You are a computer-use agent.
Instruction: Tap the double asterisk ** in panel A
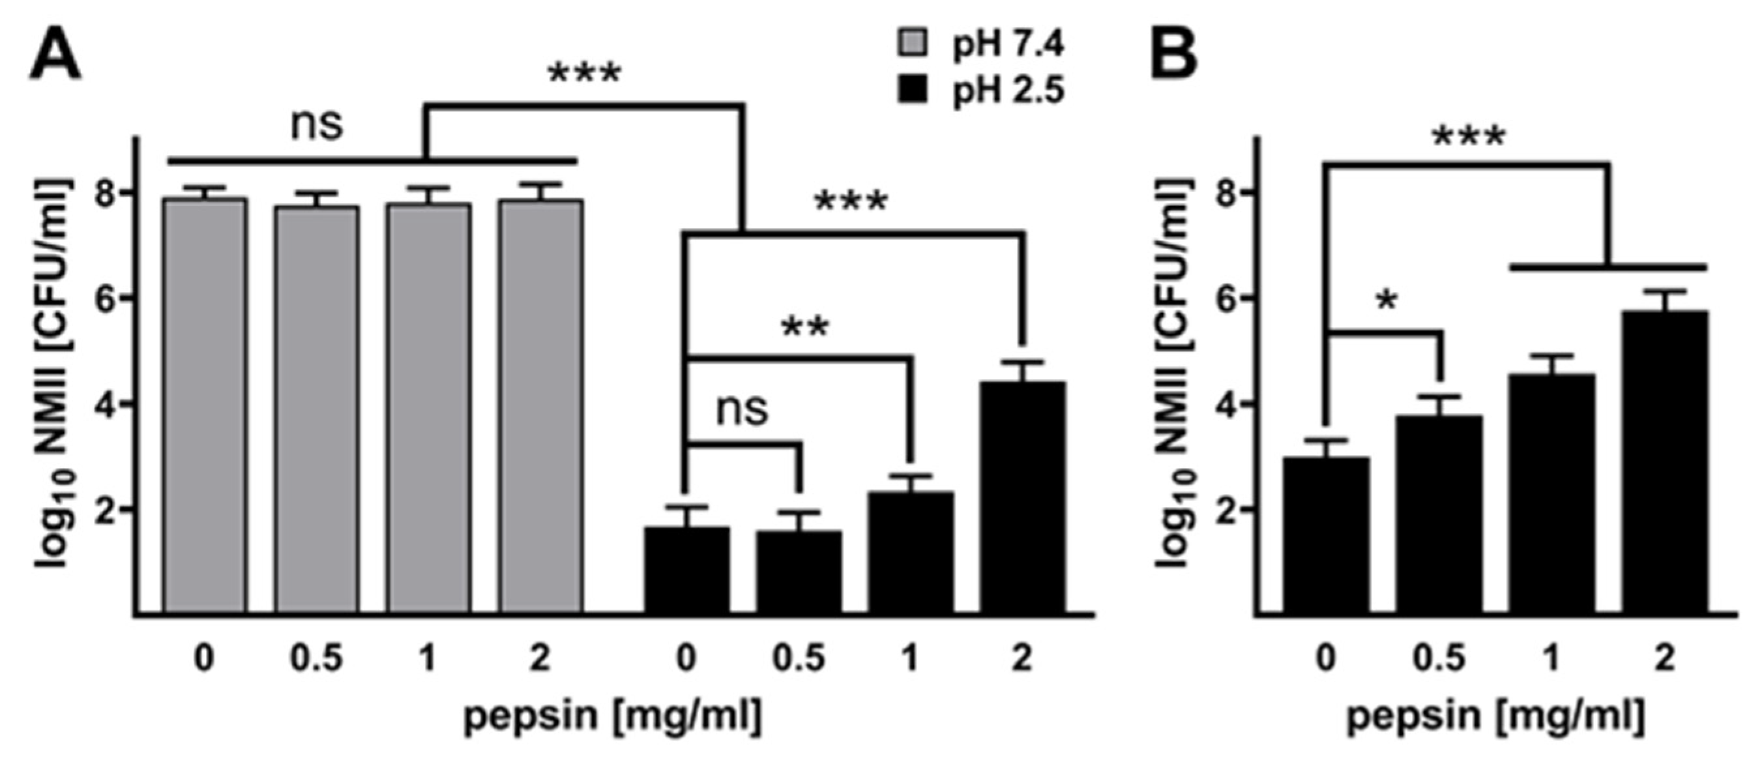[x=805, y=328]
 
